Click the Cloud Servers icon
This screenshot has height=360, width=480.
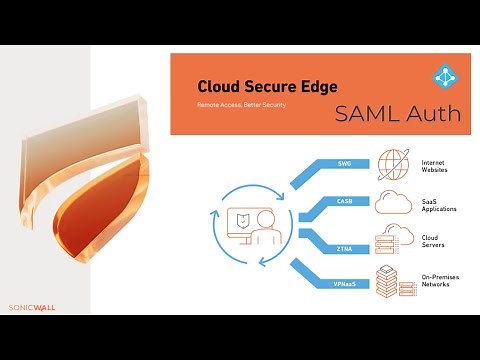click(x=392, y=241)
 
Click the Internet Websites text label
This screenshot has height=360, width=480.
click(x=438, y=165)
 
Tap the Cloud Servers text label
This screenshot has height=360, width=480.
click(x=436, y=243)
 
